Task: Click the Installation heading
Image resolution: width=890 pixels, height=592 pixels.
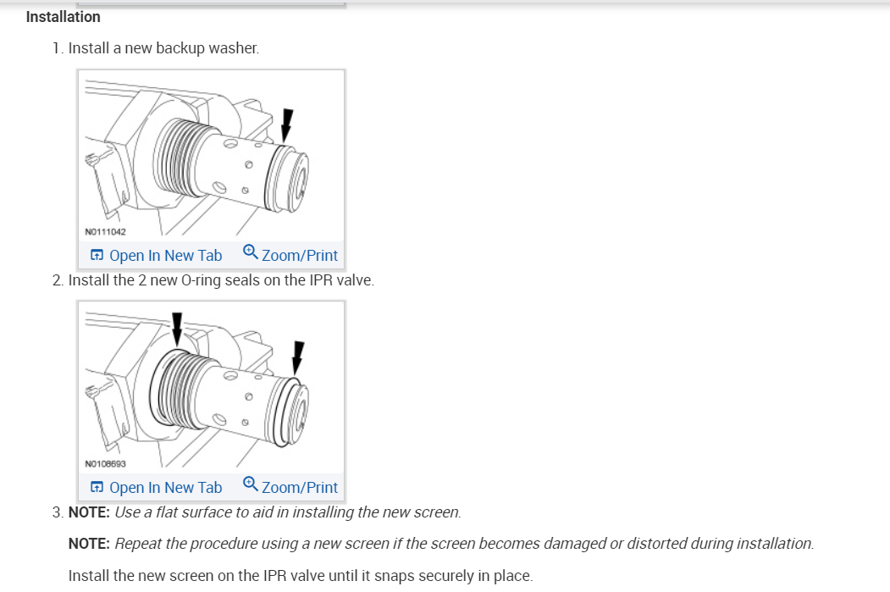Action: [63, 17]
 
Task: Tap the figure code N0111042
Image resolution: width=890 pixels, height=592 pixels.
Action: [106, 230]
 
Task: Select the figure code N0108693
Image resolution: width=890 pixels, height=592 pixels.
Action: [106, 463]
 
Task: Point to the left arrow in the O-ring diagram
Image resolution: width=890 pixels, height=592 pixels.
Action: [176, 326]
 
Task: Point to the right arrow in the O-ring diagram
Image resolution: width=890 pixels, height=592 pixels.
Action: [297, 356]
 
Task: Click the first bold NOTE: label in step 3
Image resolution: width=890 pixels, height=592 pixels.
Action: [89, 512]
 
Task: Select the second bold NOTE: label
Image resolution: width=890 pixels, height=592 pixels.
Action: [89, 543]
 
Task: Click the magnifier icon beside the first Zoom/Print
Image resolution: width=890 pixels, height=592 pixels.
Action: [251, 252]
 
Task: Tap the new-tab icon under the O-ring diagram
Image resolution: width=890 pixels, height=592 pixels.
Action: [97, 487]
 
